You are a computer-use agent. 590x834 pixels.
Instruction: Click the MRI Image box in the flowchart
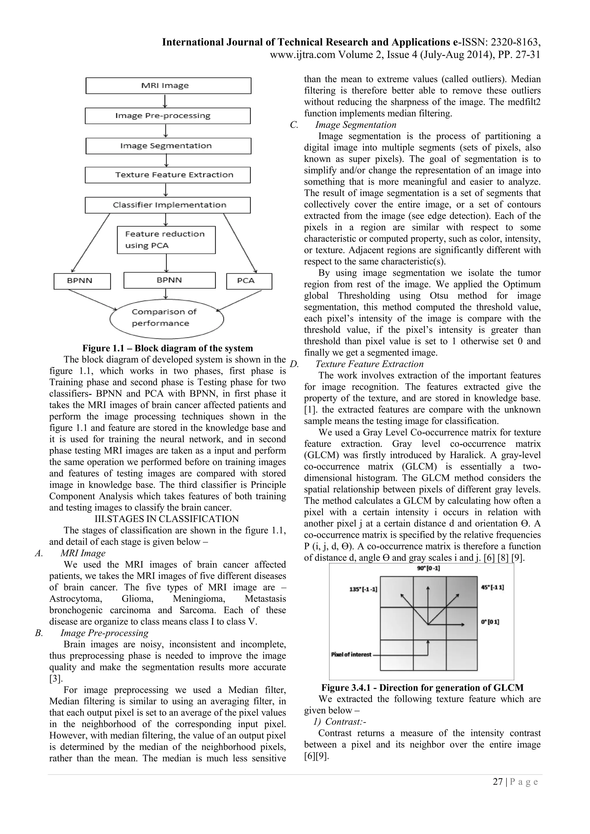tap(168, 86)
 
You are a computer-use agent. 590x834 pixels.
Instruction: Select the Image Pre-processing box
tap(167, 116)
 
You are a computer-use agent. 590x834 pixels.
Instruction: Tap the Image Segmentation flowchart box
tap(168, 146)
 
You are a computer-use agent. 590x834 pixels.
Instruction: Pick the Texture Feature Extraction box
tap(167, 175)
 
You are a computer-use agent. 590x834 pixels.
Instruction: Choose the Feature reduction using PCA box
tap(166, 240)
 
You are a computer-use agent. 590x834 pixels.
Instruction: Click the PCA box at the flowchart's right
tap(249, 281)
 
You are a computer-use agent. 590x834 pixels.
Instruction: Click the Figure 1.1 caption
tap(167, 348)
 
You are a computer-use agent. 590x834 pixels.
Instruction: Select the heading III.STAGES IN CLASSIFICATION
tap(167, 519)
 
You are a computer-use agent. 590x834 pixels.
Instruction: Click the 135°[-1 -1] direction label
tap(363, 589)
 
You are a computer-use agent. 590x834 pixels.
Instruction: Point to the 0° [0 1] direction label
tap(490, 622)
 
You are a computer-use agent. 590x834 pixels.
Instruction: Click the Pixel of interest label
tap(351, 655)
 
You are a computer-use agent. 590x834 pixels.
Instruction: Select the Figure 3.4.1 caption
tap(422, 688)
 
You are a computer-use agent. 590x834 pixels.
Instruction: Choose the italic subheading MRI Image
tap(83, 553)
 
